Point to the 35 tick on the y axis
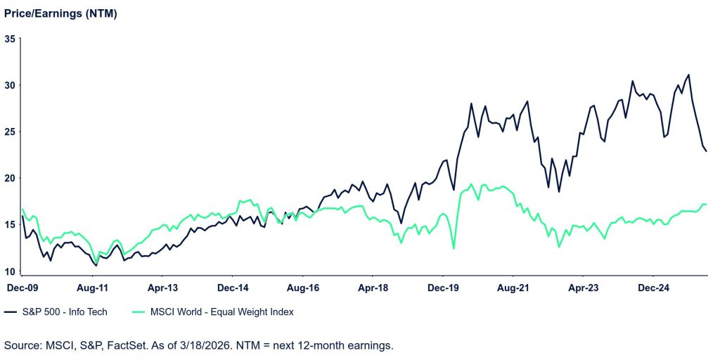point(10,39)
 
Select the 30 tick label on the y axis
point(10,85)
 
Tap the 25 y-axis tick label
point(10,131)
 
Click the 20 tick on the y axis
point(10,178)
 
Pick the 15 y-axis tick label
point(10,224)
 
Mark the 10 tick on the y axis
point(10,271)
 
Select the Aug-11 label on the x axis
point(92,288)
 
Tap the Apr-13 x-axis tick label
point(162,288)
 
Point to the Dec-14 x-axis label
point(233,288)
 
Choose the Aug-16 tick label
point(304,288)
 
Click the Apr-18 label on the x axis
point(373,288)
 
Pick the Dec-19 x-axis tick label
point(444,288)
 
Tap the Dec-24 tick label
point(654,288)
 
